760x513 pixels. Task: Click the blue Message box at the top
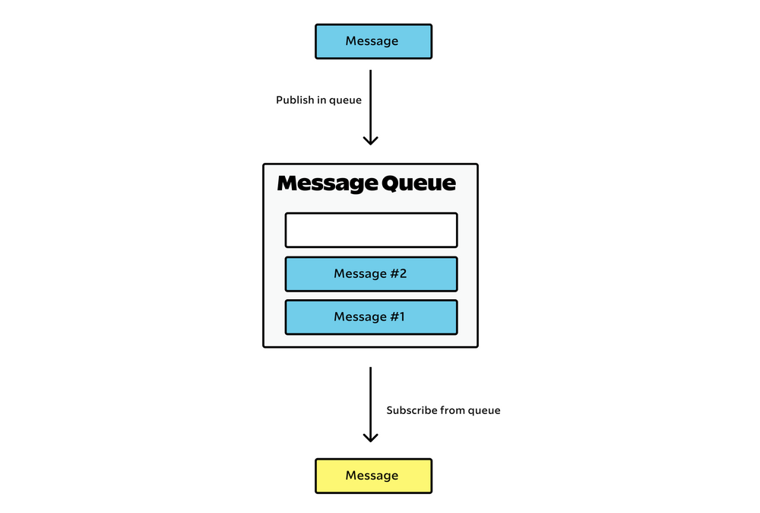[x=373, y=41]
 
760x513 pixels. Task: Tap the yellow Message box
[x=373, y=476]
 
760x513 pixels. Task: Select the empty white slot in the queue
[x=371, y=230]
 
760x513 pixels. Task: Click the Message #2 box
[x=371, y=274]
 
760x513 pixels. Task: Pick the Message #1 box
[x=371, y=317]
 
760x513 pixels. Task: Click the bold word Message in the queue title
[x=327, y=184]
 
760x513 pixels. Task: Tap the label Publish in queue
[x=318, y=100]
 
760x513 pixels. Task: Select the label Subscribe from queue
[x=443, y=410]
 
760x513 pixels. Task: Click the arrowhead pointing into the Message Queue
[x=370, y=140]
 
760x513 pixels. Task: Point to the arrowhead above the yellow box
[x=370, y=437]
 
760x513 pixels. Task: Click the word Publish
[x=294, y=100]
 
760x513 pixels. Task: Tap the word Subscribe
[x=412, y=410]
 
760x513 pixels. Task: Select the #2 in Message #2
[x=398, y=274]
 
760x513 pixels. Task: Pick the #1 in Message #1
[x=397, y=317]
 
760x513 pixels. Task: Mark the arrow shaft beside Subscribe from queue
[x=370, y=400]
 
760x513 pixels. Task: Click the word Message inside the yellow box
[x=372, y=476]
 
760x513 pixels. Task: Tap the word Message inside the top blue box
[x=372, y=41]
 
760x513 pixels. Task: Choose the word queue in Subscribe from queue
[x=484, y=411]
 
